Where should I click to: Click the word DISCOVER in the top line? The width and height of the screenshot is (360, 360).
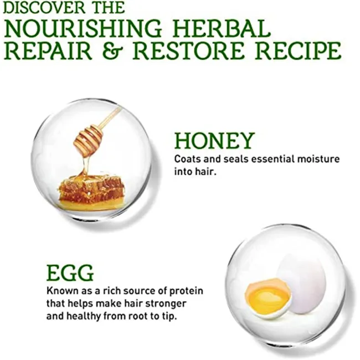click(x=44, y=8)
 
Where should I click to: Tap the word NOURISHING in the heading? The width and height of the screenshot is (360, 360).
click(x=83, y=29)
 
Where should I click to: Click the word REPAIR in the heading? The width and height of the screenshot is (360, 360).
click(x=48, y=51)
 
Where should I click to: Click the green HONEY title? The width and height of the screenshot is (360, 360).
click(x=214, y=141)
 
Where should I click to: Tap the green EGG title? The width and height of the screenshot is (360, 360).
click(x=70, y=273)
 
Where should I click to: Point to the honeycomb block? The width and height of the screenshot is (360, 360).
click(x=91, y=193)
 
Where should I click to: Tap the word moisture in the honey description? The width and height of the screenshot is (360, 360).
click(x=318, y=159)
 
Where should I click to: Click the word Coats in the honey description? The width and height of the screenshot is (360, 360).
click(x=188, y=159)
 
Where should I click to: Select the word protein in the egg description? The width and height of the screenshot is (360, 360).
click(x=186, y=291)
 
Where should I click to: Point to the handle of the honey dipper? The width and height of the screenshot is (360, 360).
click(x=110, y=118)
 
